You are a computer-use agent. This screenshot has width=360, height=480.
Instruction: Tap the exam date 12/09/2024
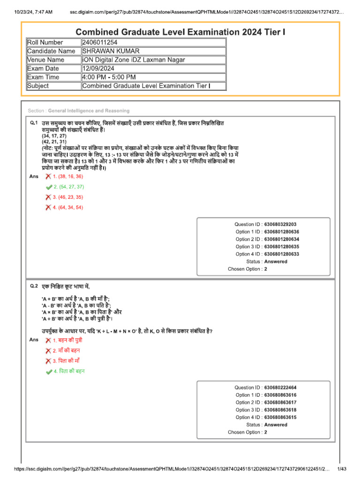tap(98, 68)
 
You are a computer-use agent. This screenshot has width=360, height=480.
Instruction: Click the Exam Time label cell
tap(43, 77)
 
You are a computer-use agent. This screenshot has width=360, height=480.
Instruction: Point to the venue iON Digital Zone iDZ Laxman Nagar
tap(133, 60)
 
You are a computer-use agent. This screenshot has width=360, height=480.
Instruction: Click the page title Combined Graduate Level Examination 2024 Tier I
tap(180, 32)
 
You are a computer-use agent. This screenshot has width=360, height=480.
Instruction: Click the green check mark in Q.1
tap(49, 187)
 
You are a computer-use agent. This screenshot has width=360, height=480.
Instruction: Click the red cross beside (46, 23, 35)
tap(48, 197)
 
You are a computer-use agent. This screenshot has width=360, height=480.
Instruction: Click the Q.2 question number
tap(33, 285)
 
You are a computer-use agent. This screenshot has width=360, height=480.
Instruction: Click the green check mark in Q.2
tap(49, 371)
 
